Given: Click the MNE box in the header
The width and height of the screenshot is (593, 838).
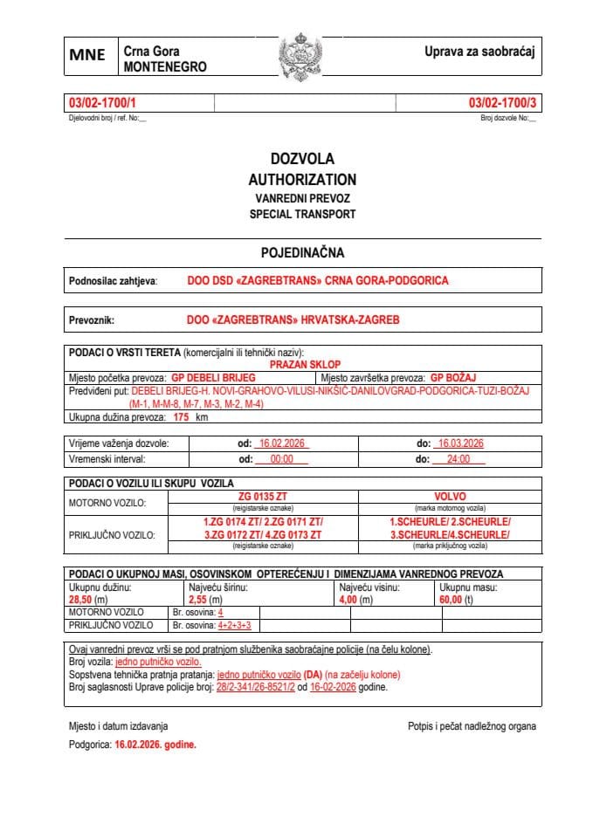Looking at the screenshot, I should coord(87,55).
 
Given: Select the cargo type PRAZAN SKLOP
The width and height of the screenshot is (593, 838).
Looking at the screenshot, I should coord(305,364).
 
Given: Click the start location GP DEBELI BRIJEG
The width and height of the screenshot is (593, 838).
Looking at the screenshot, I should coord(213,378).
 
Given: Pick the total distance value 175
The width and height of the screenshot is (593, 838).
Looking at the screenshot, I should coord(182,418).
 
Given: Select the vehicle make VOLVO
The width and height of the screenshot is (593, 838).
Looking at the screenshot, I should coord(450,496).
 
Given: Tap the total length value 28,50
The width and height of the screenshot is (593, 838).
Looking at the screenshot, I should coord(80,601).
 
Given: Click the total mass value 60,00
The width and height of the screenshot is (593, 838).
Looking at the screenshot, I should coord(451,601).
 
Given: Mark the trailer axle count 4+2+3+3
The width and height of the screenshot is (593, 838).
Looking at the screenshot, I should coord(234,626).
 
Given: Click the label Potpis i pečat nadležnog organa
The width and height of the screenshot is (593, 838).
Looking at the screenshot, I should coord(472,726).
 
